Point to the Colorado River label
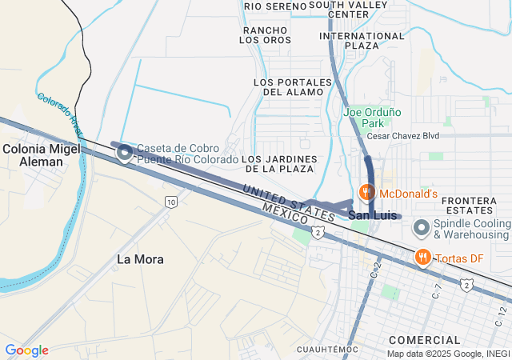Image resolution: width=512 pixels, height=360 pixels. click(x=60, y=112)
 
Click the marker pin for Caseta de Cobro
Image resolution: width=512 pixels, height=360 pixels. click(x=125, y=152)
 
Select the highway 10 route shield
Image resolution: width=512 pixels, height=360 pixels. click(x=171, y=202)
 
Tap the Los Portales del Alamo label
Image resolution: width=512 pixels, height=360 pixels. click(x=291, y=87)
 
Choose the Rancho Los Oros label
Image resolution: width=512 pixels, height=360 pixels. click(x=266, y=34)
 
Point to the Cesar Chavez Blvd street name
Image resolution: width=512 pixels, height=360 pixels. click(x=403, y=136)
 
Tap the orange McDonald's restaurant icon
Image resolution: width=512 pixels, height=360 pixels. click(x=366, y=193)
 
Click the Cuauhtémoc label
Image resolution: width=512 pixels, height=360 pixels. click(x=327, y=350)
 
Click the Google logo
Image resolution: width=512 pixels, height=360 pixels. click(x=26, y=350)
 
